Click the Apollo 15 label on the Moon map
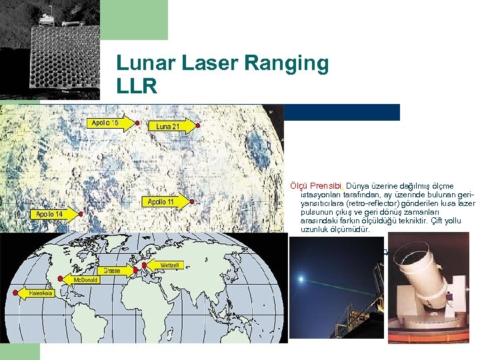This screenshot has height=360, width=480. pyautogui.click(x=105, y=123)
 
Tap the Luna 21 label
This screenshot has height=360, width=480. pyautogui.click(x=168, y=125)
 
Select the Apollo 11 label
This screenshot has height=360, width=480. pyautogui.click(x=161, y=201)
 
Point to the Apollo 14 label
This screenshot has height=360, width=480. pyautogui.click(x=49, y=214)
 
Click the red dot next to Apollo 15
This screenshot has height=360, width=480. pyautogui.click(x=137, y=123)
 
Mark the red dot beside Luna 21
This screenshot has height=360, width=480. pyautogui.click(x=197, y=125)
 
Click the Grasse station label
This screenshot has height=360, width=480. pyautogui.click(x=112, y=271)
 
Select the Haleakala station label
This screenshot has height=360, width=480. pyautogui.click(x=41, y=292)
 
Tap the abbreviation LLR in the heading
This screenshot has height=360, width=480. pyautogui.click(x=137, y=87)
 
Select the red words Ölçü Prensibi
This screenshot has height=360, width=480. pyautogui.click(x=316, y=185)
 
